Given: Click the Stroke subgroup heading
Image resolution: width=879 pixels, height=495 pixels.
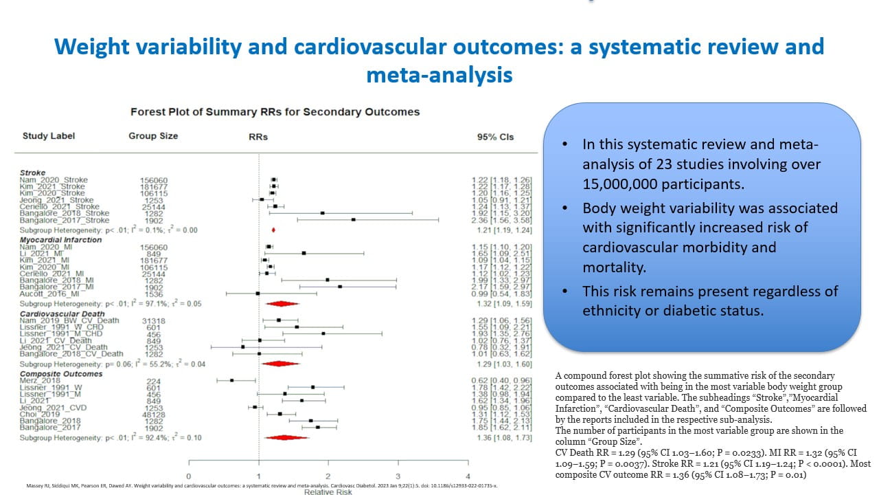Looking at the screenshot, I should [32, 173].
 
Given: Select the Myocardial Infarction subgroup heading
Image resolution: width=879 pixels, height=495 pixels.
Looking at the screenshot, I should [60, 240].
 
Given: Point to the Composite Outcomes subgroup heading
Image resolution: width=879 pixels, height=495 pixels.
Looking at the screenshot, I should [60, 374].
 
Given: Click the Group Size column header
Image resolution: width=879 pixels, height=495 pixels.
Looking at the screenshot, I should [153, 136].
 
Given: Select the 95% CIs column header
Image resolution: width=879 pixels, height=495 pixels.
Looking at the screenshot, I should [495, 137].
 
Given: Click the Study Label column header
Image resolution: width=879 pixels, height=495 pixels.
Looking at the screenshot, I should [49, 136].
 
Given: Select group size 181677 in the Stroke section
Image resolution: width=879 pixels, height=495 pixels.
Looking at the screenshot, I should [155, 186].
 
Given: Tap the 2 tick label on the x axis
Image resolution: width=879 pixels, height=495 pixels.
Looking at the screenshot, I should [328, 477].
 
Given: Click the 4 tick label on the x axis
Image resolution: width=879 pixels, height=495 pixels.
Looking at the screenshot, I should [468, 477].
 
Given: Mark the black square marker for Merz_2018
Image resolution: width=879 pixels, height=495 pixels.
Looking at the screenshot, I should [232, 380].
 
